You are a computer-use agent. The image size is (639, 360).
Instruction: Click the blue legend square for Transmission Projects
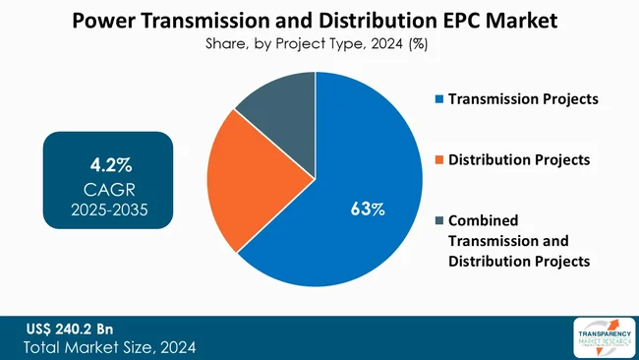pos(438,99)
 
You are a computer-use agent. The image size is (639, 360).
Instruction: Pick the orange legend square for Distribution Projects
pos(438,159)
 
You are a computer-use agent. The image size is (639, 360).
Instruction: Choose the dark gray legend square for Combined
pos(438,220)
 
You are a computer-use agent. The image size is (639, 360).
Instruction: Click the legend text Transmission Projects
pos(523,99)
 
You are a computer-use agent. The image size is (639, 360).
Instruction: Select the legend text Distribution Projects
pos(519,159)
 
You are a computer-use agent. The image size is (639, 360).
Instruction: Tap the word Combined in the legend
pos(483,220)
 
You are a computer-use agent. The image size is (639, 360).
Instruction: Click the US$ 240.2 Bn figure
pos(70,329)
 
